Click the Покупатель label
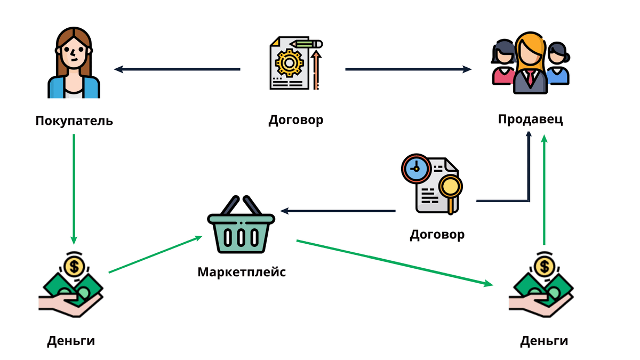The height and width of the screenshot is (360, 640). pos(74,121)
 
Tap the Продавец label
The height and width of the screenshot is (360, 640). pos(530,119)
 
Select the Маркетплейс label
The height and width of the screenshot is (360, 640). pos(242,271)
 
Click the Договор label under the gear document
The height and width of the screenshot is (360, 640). pos(295,119)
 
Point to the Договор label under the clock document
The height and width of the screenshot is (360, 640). pos(437,235)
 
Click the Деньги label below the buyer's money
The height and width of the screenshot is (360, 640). pos(71,341)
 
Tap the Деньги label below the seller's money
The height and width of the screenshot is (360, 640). pos(544,341)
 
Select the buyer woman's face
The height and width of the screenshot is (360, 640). pos(74,53)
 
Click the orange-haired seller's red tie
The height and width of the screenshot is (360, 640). pos(530,78)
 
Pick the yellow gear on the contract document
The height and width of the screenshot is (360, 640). pos(289,63)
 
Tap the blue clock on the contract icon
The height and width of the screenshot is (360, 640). pos(416,169)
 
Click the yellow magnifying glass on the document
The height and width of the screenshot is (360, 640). pos(451,191)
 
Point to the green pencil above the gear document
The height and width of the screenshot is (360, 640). pos(306,44)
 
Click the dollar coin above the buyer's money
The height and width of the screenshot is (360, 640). pos(74,267)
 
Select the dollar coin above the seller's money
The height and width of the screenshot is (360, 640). pos(545,267)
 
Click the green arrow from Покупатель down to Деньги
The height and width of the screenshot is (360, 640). pos(74,189)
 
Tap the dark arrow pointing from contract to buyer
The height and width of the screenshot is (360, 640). pos(177,69)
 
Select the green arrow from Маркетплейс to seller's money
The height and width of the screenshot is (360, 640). pos(395,263)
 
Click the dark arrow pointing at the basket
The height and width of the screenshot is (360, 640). pos(338,211)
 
